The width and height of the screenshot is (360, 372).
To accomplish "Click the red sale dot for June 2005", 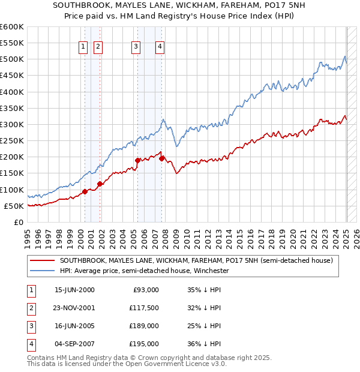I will coord(138,160).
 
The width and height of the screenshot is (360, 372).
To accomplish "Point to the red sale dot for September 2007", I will coord(162,158).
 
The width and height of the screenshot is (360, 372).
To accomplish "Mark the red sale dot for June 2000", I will coord(85,191).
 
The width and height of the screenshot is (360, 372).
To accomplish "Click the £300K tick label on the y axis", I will coord(11,124).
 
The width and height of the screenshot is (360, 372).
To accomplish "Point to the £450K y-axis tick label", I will coord(11,76).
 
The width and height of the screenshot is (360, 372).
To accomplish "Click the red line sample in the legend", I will coord(43,261).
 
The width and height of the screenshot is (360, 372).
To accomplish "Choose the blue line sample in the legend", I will coord(43,271).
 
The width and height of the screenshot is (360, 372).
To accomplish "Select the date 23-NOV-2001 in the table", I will coord(74,308).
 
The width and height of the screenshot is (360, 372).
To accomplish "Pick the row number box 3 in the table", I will coord(30,326).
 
